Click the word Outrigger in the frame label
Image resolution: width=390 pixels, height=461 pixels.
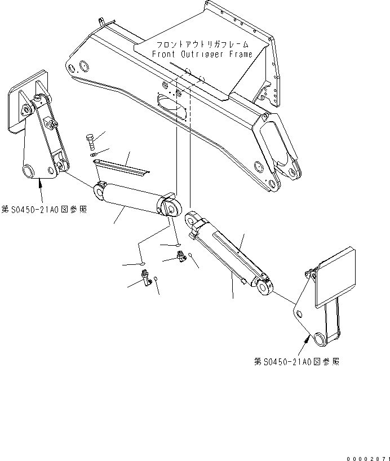pos(203,54)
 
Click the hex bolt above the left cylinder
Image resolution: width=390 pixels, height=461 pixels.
pos(91,139)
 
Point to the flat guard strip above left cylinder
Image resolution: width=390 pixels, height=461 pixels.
pos(121,166)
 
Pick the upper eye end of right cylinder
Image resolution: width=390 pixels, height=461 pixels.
pos(192,219)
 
